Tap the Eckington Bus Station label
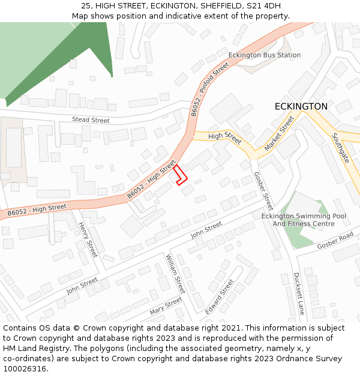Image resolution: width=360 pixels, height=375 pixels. pos(265,55)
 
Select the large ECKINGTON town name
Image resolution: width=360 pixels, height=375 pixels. pos(301,106)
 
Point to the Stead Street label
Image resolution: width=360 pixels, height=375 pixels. pos(91,120)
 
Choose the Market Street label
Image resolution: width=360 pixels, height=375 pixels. pos(280,134)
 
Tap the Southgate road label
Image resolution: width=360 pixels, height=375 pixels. pos(340,148)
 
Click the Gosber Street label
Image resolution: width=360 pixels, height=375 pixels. pos(263,191)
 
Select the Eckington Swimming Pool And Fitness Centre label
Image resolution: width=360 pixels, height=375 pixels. pos(304,220)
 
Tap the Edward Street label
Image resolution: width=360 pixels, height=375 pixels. pos(219,296)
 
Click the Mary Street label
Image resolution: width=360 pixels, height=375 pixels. pos(166,305)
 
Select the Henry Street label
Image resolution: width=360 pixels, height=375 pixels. pos(88,239)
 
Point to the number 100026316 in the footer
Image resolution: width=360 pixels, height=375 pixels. pos(25,368)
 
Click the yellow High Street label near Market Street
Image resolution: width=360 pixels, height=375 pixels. pos(224,138)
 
